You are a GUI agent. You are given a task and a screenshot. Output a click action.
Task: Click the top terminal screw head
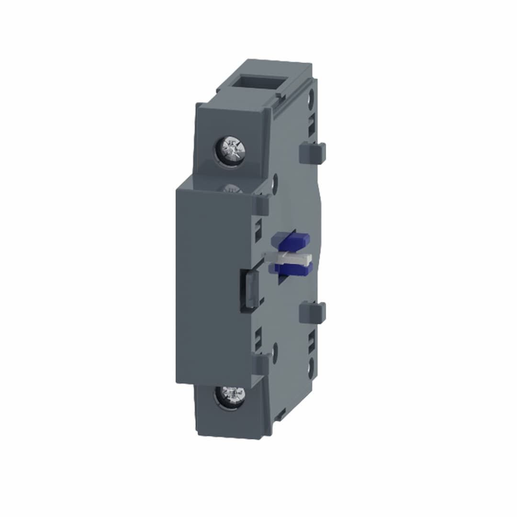(x=231, y=150)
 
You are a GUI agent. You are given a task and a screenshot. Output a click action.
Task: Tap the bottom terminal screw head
(x=230, y=396)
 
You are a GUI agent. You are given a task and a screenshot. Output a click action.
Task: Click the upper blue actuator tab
(x=291, y=240)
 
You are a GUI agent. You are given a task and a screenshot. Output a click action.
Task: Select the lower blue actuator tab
(x=292, y=269)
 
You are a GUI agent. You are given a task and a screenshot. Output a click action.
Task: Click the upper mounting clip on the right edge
(x=312, y=153)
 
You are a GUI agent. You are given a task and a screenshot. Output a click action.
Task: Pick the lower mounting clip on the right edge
(x=312, y=313)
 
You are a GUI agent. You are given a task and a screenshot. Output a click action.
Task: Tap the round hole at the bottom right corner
(x=311, y=368)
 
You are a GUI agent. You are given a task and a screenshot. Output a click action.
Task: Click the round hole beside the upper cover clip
(x=275, y=184)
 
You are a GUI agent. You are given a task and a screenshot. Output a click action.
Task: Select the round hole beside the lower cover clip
(x=275, y=353)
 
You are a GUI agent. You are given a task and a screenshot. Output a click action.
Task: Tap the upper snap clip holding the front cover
(x=261, y=205)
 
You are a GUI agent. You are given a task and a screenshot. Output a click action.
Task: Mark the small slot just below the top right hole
(x=312, y=124)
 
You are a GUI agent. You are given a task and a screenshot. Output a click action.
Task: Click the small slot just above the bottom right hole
(x=312, y=342)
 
